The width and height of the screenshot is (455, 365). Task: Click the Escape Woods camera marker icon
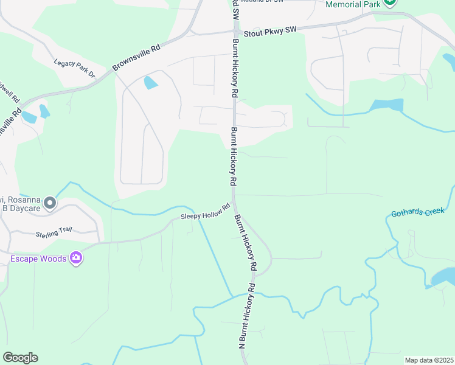76,258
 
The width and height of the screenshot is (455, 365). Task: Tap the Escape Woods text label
38,259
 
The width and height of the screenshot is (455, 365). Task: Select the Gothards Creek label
419,212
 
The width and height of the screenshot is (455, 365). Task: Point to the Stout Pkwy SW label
269,30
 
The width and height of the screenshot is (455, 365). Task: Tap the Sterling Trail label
54,231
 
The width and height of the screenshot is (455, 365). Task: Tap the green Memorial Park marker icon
390,3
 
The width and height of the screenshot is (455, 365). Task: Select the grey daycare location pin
50,203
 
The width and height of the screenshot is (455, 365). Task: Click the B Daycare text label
21,208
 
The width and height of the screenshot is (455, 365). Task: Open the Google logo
20,358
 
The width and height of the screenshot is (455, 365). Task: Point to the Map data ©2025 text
429,360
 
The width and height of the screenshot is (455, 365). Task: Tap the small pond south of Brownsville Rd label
150,82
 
